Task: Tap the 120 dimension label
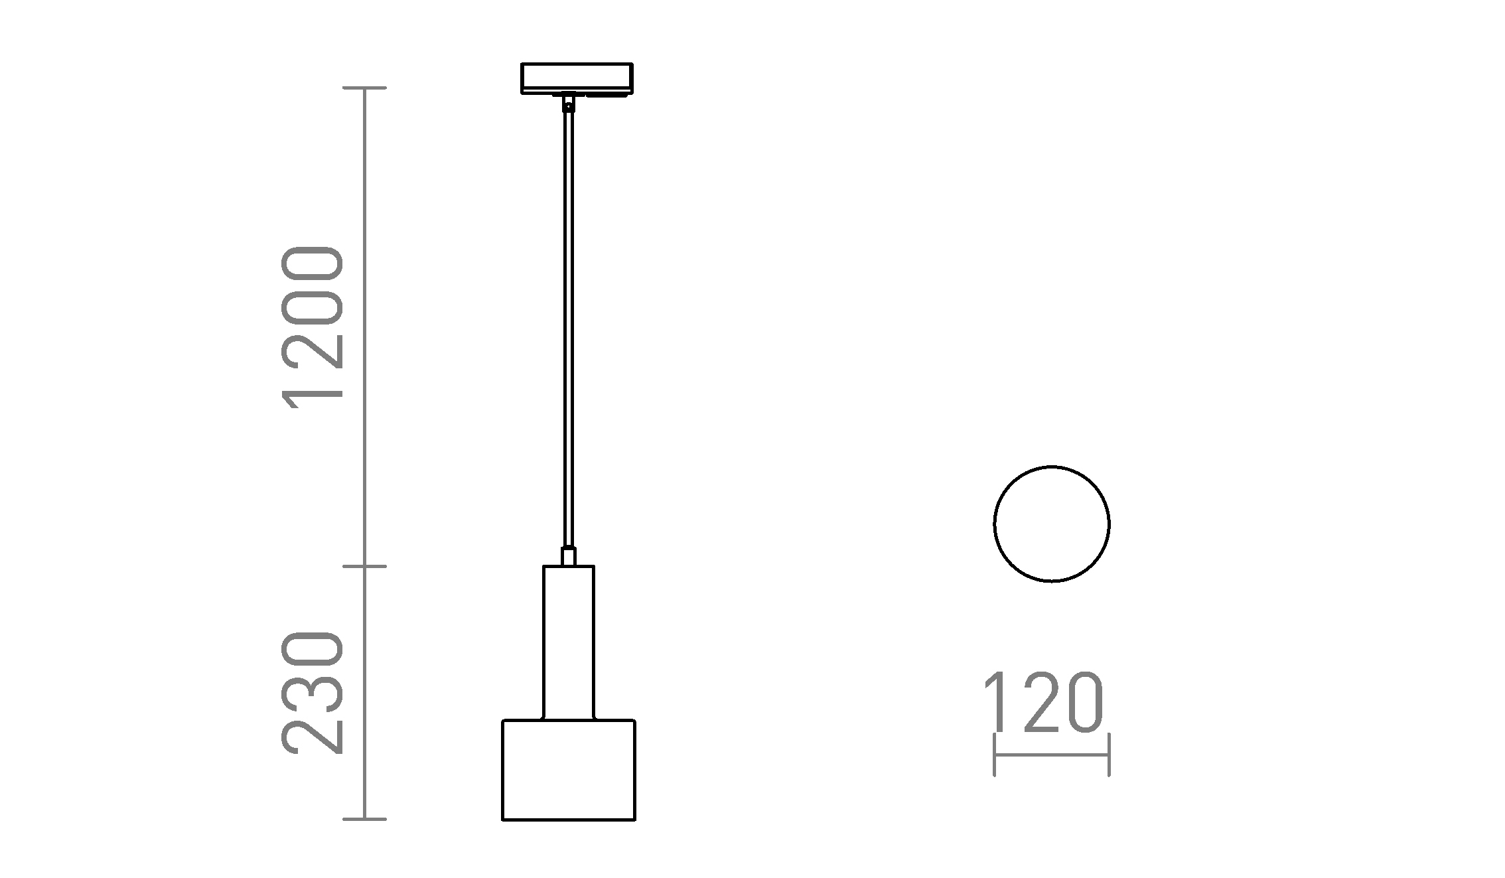point(1043,703)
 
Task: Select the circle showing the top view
point(1051,524)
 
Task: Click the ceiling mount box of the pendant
point(577,77)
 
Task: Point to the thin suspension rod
point(569,332)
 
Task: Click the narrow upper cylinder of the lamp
point(569,642)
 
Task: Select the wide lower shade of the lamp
point(569,770)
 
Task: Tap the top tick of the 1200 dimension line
point(364,88)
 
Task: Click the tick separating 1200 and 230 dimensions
point(364,566)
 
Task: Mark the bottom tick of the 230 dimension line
point(364,819)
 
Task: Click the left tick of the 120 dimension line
point(994,755)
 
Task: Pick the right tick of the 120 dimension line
point(1109,755)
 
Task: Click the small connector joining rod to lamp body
point(569,556)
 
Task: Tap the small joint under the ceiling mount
point(568,104)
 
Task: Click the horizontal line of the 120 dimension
point(1051,755)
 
